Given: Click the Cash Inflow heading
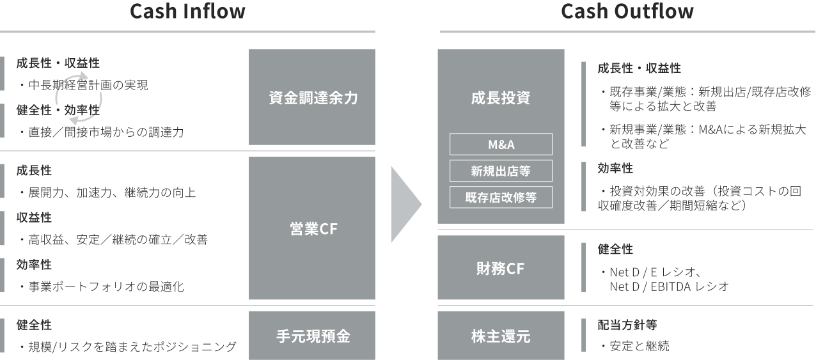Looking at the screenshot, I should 187,12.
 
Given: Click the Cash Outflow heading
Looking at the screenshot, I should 627,12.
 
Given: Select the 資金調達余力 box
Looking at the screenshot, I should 312,98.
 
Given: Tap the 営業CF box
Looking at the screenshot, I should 312,229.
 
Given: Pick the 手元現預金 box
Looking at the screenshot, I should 312,336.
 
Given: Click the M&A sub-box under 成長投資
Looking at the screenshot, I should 501,144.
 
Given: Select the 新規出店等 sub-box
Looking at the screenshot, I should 501,171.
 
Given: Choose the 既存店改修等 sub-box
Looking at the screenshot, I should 501,198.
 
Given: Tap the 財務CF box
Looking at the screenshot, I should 501,269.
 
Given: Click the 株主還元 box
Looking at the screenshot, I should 501,336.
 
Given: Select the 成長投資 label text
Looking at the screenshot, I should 501,98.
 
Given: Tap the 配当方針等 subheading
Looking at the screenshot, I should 627,325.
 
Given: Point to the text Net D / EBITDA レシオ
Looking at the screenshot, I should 669,286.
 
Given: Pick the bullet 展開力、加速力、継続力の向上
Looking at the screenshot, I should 107,192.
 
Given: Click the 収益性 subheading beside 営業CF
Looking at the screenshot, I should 34,218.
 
